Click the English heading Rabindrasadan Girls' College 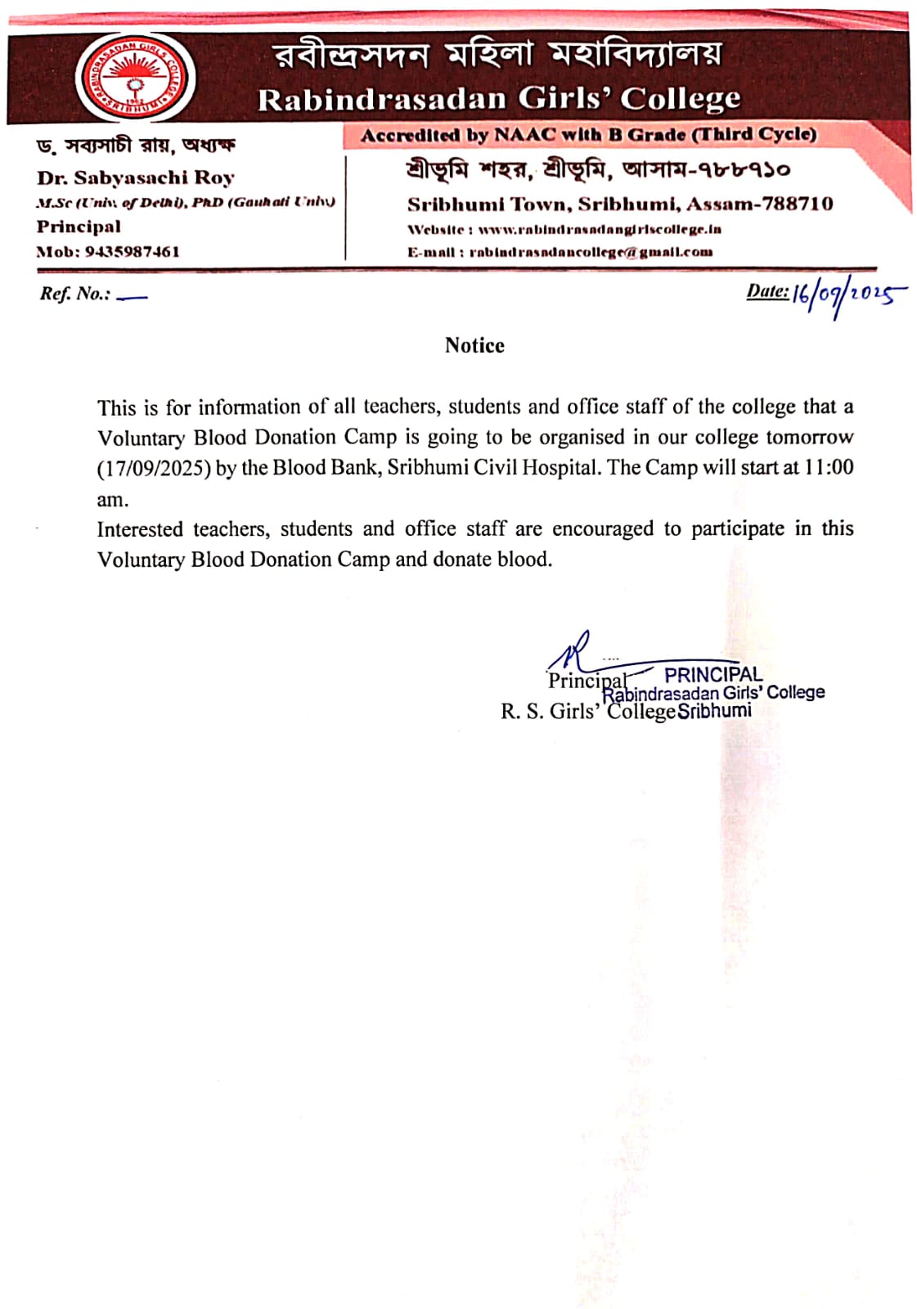tap(499, 99)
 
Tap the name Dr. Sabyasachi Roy tap(136, 178)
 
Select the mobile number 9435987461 tap(133, 252)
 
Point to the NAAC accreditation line tap(588, 135)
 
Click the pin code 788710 tap(798, 204)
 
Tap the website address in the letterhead tap(600, 230)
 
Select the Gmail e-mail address tap(591, 252)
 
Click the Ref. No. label tap(74, 294)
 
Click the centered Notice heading tap(474, 345)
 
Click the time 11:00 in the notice tap(829, 468)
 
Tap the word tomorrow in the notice tap(809, 437)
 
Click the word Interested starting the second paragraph tap(140, 529)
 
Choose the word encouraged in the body tap(603, 529)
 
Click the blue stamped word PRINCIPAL tap(712, 675)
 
